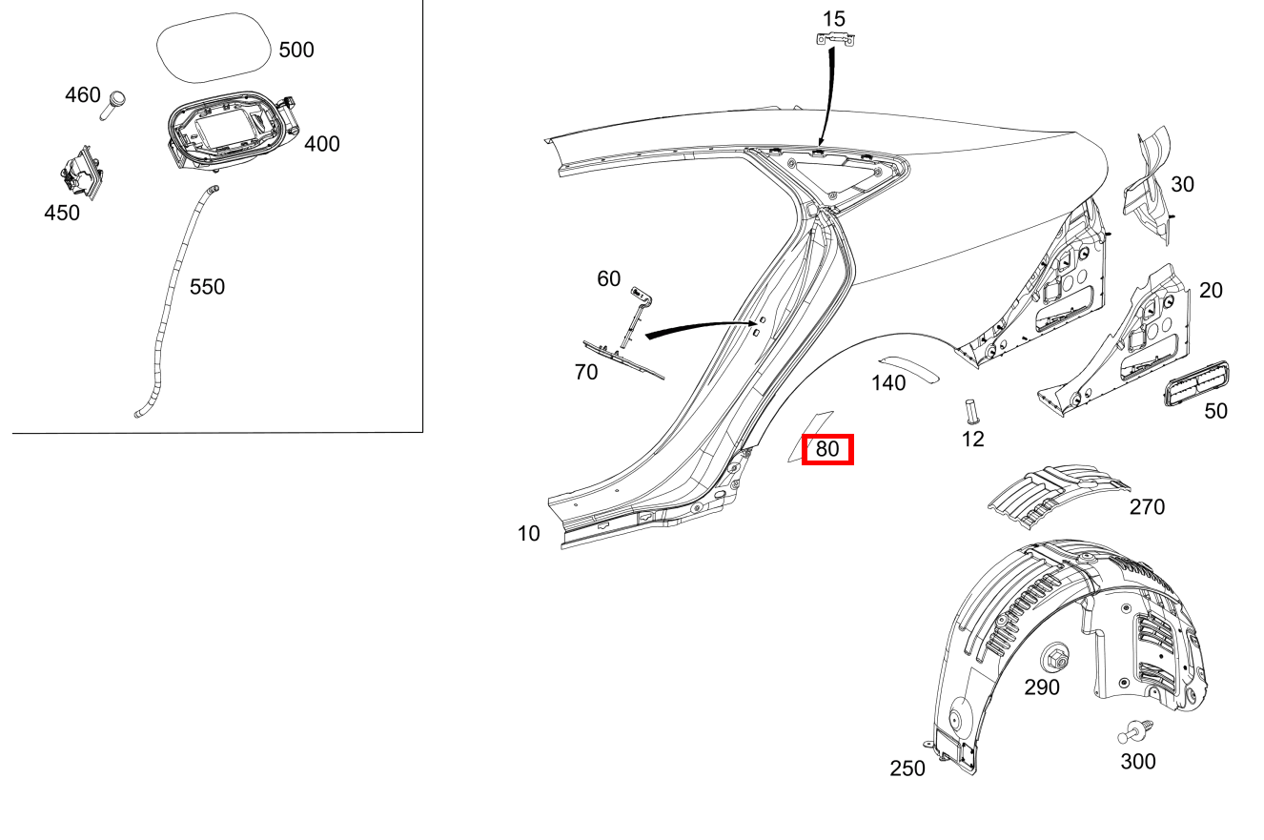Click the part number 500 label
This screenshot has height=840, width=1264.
point(296,50)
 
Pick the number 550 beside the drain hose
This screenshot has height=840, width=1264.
point(207,287)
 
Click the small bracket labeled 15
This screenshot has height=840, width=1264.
point(834,39)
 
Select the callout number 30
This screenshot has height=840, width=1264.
point(1182,184)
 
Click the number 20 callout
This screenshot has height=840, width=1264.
point(1210,290)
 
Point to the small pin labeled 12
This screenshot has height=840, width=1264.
point(971,410)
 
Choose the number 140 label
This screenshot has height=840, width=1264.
point(887,383)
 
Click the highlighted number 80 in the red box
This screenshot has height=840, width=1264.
point(827,448)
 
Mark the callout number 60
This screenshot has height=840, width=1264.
point(608,278)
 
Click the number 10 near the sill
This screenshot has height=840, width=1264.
point(528,534)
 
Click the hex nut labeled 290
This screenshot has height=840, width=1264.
point(1055,657)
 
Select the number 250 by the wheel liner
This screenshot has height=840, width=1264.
point(907,768)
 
